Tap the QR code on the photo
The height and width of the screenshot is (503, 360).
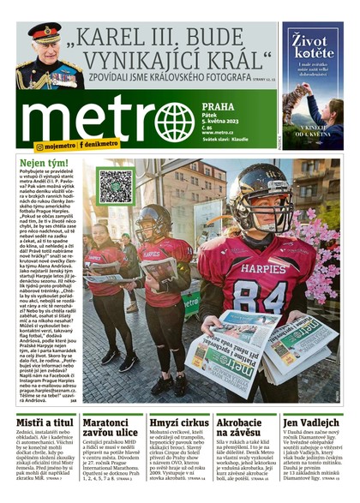coord(115,186)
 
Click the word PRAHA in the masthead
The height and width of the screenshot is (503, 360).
coord(219,107)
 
